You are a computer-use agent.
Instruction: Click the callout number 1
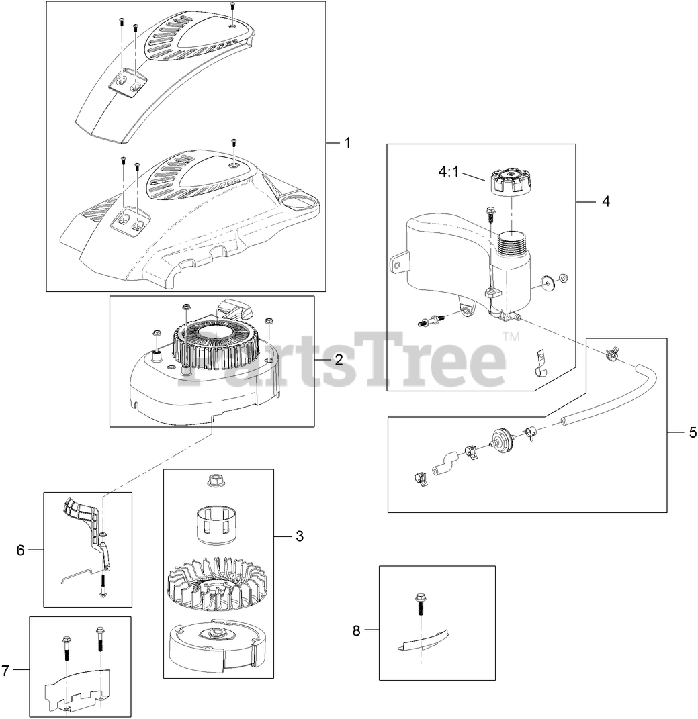pyautogui.click(x=347, y=142)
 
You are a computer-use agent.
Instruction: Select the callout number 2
pyautogui.click(x=339, y=360)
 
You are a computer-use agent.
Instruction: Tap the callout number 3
pyautogui.click(x=300, y=536)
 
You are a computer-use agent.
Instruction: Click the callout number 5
pyautogui.click(x=693, y=432)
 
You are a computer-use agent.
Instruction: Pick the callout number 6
pyautogui.click(x=21, y=550)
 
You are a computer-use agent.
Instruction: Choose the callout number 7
pyautogui.click(x=5, y=671)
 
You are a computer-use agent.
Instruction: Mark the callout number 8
pyautogui.click(x=357, y=630)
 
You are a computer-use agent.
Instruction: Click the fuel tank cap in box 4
pyautogui.click(x=505, y=181)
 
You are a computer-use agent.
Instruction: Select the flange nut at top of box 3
pyautogui.click(x=213, y=481)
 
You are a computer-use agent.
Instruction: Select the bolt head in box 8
pyautogui.click(x=420, y=598)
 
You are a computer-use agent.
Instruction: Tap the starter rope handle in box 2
pyautogui.click(x=236, y=311)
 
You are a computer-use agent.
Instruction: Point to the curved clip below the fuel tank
pyautogui.click(x=541, y=364)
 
